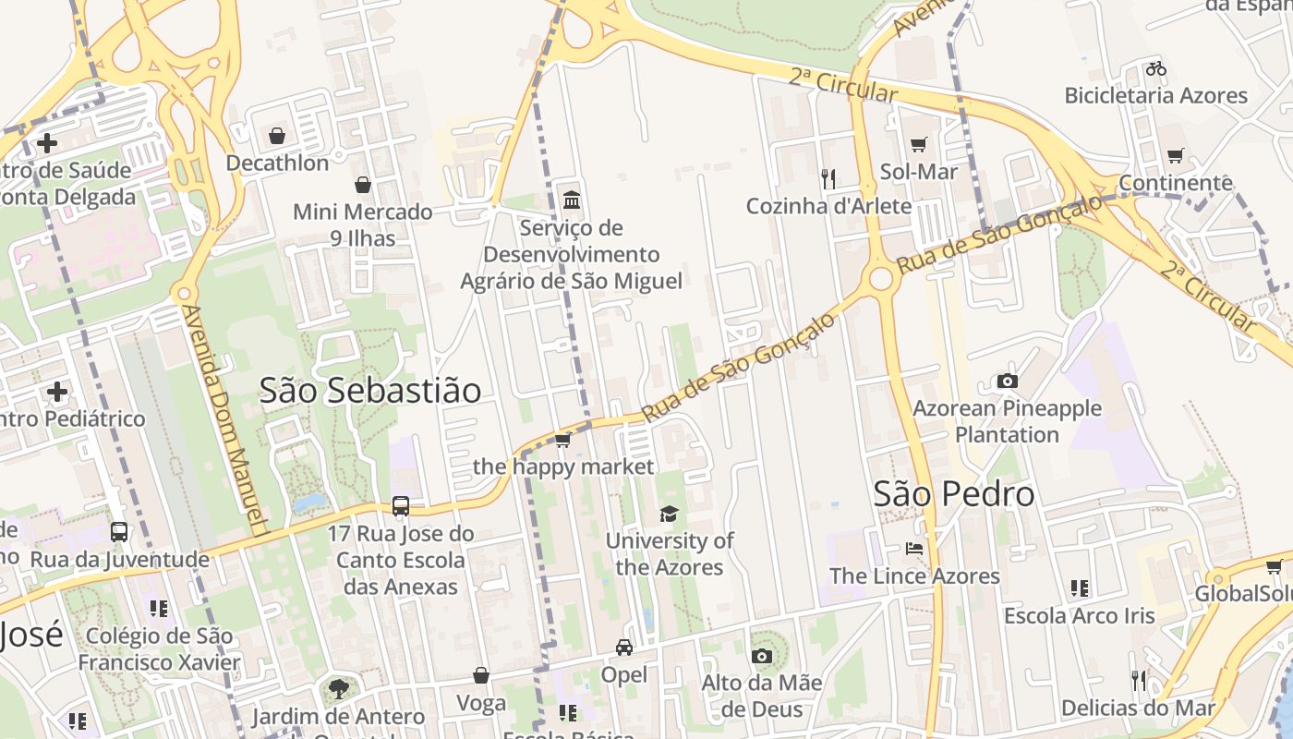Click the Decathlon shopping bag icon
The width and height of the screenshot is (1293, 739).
point(276,137)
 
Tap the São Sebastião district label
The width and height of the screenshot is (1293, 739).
point(369,391)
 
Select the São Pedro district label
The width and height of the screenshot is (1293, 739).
point(954,494)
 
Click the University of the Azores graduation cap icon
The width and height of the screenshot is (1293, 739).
point(669,515)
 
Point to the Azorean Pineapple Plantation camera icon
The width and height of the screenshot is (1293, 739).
point(1007,381)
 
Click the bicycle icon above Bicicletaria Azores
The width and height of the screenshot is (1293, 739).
point(1155,68)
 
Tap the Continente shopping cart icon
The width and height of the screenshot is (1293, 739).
point(1175,156)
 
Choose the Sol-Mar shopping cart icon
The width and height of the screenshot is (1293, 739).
point(918,145)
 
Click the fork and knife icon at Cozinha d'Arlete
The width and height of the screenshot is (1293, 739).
point(828,178)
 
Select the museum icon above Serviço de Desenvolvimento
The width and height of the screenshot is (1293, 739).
point(571,200)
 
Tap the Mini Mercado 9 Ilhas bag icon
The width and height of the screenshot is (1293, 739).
point(363,185)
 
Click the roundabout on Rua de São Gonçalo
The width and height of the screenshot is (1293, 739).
point(881,278)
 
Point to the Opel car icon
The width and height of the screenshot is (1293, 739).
point(624,648)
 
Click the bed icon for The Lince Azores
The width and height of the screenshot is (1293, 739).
point(914,549)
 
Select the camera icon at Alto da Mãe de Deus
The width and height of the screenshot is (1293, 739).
point(761,656)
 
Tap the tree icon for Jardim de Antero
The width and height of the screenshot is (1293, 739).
point(339,688)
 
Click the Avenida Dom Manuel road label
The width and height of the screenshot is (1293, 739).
point(225,416)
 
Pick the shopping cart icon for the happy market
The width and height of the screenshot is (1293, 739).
point(562,440)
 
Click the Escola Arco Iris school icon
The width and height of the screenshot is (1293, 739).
point(1079,588)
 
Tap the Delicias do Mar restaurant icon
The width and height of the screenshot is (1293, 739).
point(1138,681)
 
